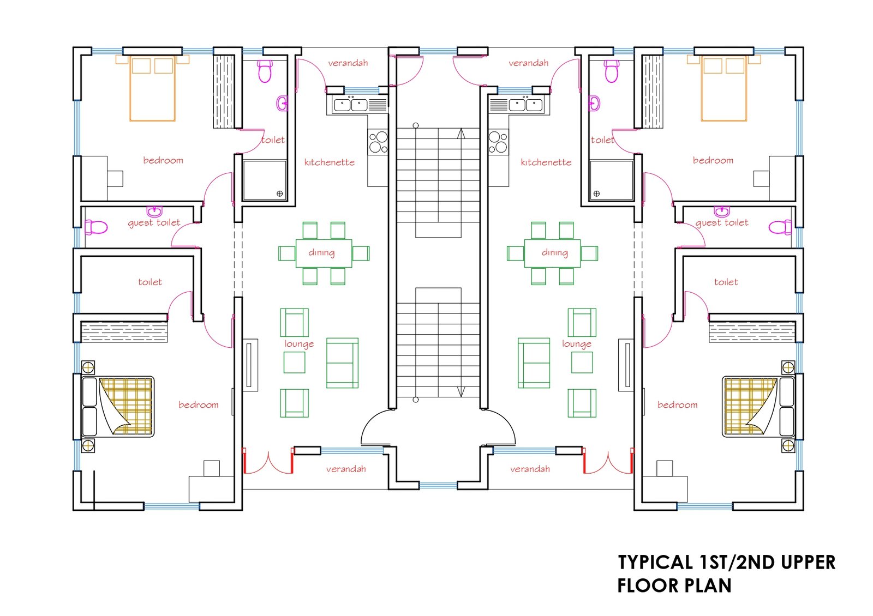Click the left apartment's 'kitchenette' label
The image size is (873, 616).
click(x=329, y=162)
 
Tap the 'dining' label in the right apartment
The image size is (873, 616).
click(x=554, y=252)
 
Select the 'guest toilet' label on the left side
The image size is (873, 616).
click(x=154, y=222)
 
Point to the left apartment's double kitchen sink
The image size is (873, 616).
click(x=351, y=105)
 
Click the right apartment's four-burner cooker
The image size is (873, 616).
click(x=498, y=142)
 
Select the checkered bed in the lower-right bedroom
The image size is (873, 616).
click(x=750, y=406)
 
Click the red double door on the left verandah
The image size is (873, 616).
click(x=268, y=462)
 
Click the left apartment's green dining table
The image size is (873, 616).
click(x=324, y=253)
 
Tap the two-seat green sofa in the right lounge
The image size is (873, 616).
click(x=534, y=363)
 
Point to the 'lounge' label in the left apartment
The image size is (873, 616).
click(x=298, y=344)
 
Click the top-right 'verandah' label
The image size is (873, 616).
click(x=528, y=63)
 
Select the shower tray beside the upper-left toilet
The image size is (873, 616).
click(x=265, y=180)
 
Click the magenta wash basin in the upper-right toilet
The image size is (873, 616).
click(x=595, y=102)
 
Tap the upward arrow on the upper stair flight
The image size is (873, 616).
click(x=461, y=134)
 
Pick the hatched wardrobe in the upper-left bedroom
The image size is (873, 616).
click(x=224, y=92)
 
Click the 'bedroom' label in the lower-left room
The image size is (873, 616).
click(x=198, y=405)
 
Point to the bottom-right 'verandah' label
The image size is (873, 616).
click(x=530, y=469)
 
